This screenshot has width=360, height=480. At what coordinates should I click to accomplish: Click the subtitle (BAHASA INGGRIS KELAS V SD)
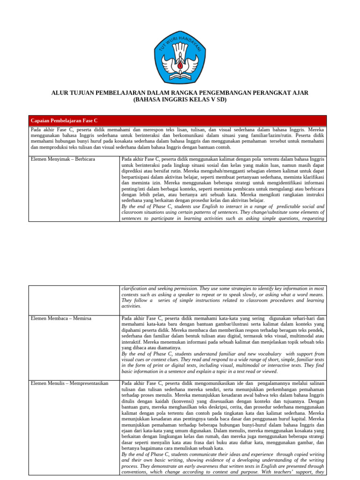180,100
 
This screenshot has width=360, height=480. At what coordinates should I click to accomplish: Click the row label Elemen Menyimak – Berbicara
62,159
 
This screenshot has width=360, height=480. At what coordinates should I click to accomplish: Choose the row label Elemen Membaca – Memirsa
61,318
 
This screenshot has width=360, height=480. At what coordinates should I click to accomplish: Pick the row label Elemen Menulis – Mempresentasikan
69,383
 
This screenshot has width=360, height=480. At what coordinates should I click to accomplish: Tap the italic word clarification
136,288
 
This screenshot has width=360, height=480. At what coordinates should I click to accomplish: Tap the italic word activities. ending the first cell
132,306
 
